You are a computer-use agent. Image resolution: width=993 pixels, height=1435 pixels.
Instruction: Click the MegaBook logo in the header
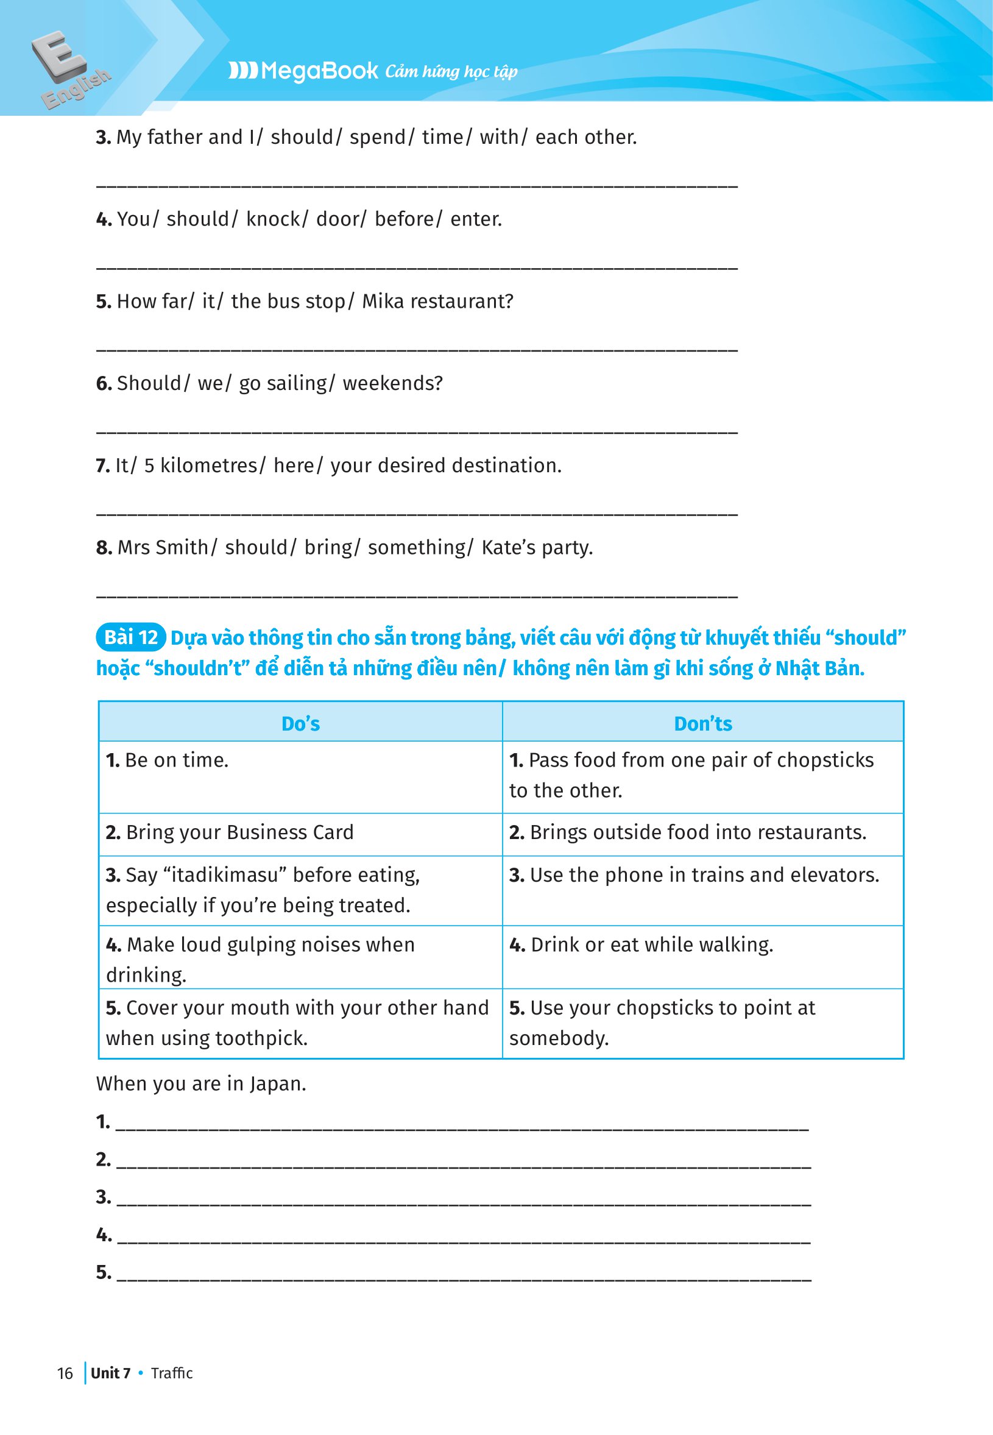303,70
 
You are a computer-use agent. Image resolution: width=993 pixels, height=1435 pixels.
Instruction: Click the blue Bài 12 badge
130,637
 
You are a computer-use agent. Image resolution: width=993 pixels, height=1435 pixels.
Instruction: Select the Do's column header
300,723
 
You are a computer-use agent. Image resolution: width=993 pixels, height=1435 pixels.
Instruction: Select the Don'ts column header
703,723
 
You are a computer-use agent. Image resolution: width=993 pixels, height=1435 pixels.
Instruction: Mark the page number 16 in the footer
65,1373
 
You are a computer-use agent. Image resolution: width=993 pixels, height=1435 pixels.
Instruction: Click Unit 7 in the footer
111,1373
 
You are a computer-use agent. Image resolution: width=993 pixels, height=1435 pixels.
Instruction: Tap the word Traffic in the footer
172,1373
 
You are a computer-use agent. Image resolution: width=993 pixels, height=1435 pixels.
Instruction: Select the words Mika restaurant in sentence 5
437,301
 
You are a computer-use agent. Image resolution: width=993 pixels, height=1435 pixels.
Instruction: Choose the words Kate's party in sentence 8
537,548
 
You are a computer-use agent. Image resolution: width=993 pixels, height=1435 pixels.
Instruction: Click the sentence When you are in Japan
201,1083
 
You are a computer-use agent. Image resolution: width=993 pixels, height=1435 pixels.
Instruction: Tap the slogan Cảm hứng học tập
451,71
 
